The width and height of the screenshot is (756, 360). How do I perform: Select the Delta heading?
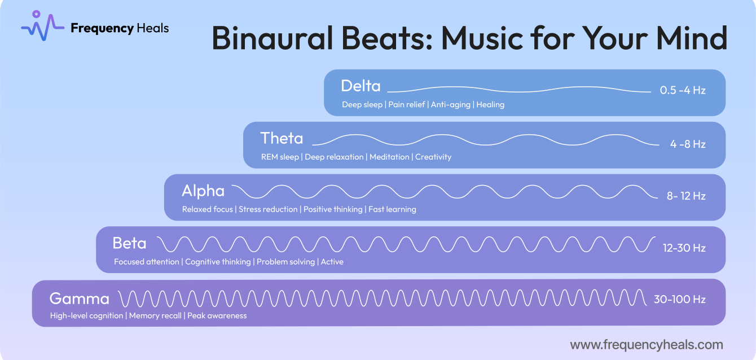point(361,86)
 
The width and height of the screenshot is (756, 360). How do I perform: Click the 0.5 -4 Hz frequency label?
point(682,90)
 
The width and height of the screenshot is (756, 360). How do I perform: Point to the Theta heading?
point(282,138)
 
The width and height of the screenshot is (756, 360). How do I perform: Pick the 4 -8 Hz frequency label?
point(687,144)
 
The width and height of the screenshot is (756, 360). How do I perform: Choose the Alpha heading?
point(203,191)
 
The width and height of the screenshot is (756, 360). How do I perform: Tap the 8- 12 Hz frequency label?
point(686,196)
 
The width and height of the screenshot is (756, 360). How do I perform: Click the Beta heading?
point(129,243)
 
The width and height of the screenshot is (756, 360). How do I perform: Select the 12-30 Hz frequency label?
point(684,248)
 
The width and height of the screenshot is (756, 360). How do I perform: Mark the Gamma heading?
point(79,298)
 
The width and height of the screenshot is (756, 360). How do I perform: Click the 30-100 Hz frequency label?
point(679,300)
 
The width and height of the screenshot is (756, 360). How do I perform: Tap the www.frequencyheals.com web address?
point(646,344)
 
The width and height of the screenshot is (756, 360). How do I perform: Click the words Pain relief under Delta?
point(407,105)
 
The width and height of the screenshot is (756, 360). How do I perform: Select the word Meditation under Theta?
point(389,157)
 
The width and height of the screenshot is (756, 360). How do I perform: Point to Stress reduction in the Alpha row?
point(268,209)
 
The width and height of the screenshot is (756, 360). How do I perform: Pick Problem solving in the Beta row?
point(286,262)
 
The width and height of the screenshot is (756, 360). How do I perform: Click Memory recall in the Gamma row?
point(155,316)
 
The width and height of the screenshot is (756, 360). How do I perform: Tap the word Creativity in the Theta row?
point(433,157)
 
